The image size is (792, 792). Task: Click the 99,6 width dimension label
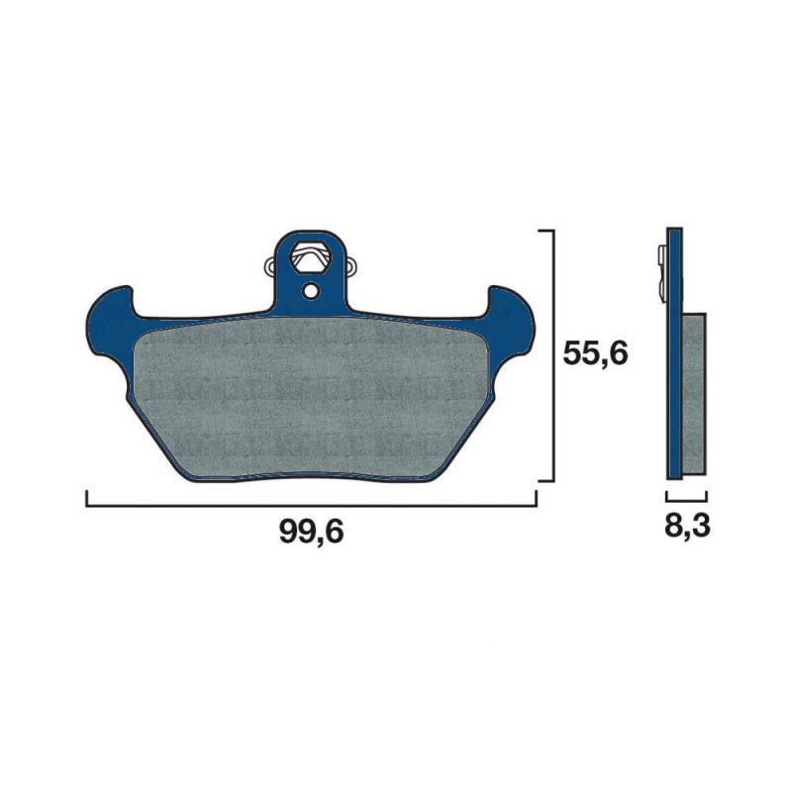point(311,532)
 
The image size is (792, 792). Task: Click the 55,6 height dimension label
point(596,353)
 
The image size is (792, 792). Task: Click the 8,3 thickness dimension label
point(687,526)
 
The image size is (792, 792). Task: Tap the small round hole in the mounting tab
point(311,290)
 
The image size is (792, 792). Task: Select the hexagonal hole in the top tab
point(310,257)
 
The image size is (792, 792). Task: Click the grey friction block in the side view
point(694,393)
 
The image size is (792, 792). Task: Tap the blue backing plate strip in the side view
point(674,353)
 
